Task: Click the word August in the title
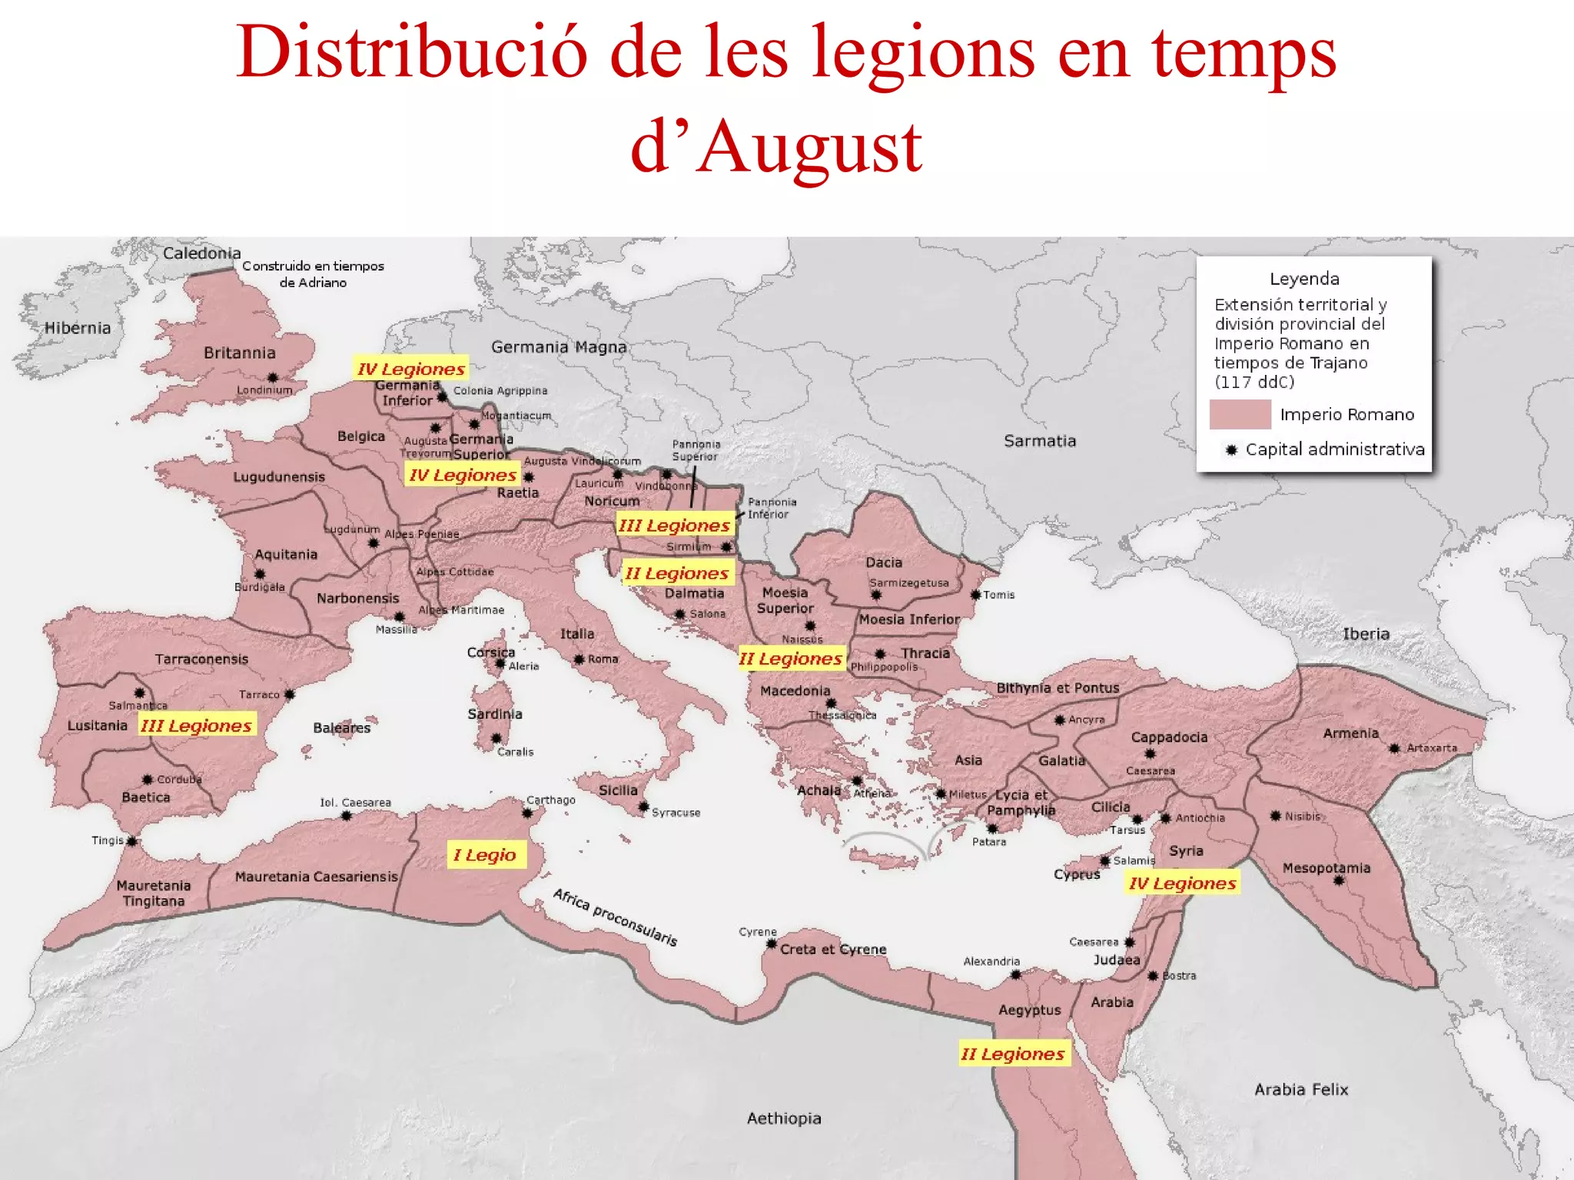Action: (x=811, y=148)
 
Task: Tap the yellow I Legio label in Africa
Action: (x=486, y=855)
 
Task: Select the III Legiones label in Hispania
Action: (x=197, y=725)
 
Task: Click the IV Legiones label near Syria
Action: (x=1182, y=883)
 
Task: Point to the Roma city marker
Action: (x=579, y=659)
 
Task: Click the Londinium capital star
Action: (x=273, y=377)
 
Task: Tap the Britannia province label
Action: (x=239, y=353)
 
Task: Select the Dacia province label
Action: (x=884, y=562)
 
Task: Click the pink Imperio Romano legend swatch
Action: (x=1240, y=414)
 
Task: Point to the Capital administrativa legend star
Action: (x=1231, y=449)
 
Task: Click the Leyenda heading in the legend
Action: (x=1304, y=279)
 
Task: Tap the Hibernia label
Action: (x=78, y=328)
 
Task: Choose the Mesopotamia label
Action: (x=1326, y=867)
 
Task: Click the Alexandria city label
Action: (x=991, y=961)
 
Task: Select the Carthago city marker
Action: (x=528, y=813)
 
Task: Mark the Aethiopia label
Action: (x=784, y=1118)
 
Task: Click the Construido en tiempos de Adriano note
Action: (x=313, y=273)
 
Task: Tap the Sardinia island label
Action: (x=494, y=714)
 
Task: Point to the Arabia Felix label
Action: (x=1301, y=1089)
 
